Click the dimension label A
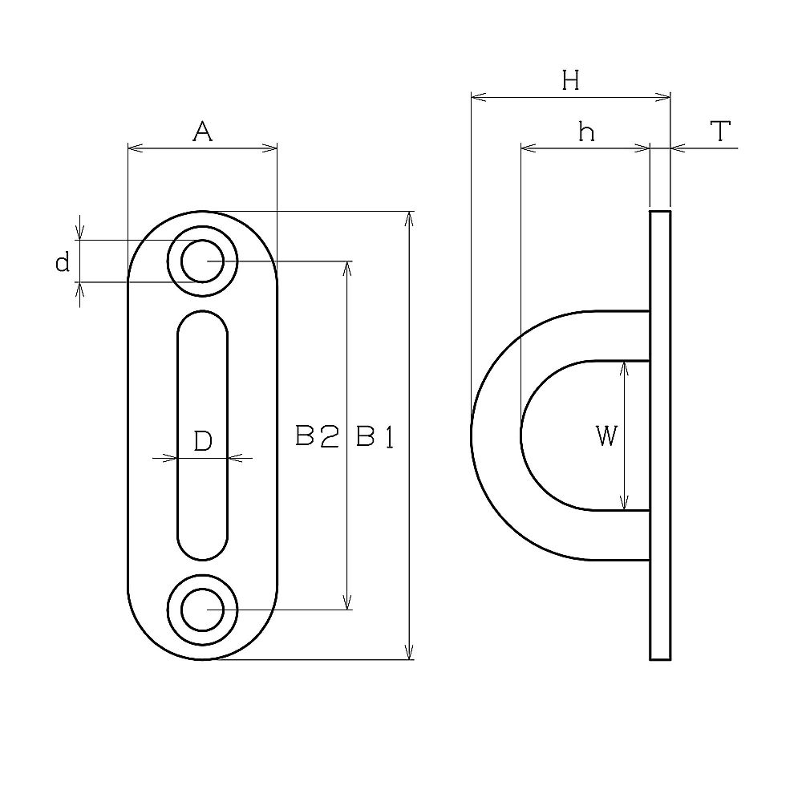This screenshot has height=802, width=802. tap(203, 132)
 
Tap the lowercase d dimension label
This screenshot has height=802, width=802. tap(63, 263)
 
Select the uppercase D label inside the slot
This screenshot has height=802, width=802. tap(203, 440)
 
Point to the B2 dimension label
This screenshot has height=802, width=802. tap(317, 437)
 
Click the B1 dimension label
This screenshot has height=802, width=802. tap(375, 437)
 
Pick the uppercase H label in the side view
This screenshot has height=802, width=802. tap(571, 80)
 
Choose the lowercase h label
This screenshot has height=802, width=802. tap(587, 132)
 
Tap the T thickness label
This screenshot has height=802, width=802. tap(721, 131)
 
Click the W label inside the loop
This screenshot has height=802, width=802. tap(607, 436)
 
